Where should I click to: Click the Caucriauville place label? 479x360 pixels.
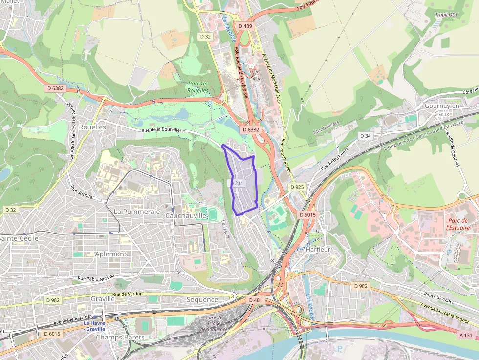coord(185,215)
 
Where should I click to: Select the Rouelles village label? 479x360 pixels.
coord(92,127)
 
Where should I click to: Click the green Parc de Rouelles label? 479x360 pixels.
coord(198,87)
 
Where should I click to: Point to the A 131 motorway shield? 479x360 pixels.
coord(466,335)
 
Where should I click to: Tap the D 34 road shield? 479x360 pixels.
coord(365,135)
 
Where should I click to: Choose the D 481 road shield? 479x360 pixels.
coord(255,300)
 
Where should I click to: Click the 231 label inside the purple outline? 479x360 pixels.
coord(239,183)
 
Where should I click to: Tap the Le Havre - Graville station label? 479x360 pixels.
coord(94,326)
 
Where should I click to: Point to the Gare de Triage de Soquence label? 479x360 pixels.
coord(215,323)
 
